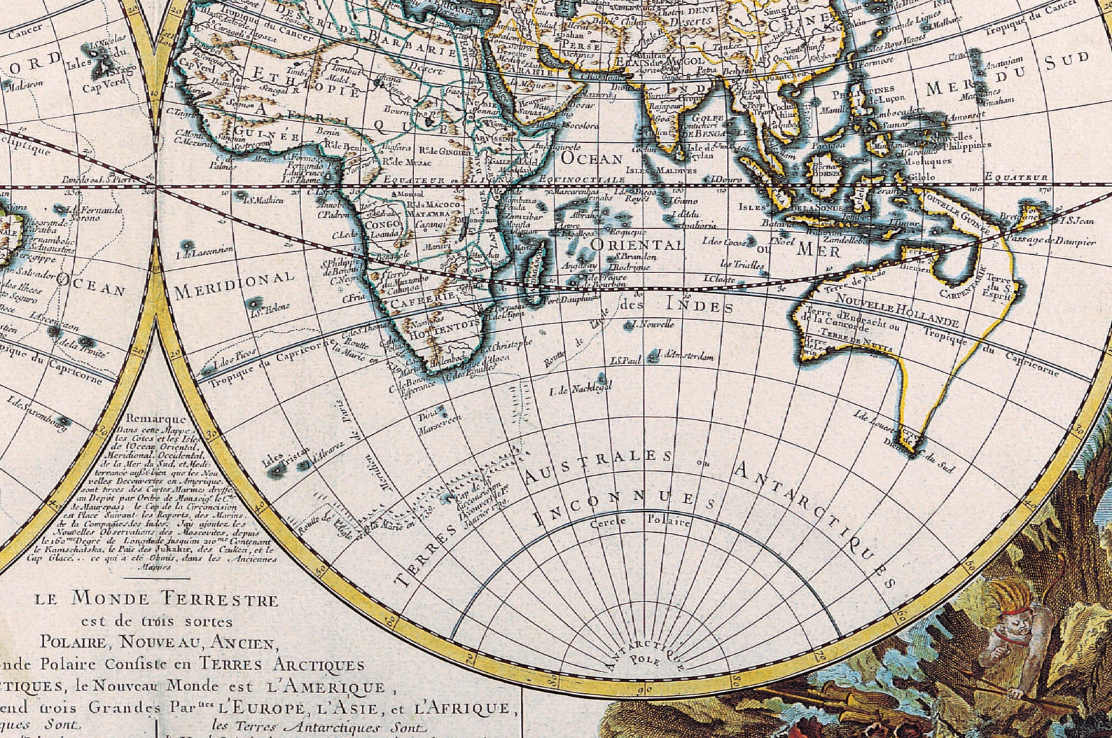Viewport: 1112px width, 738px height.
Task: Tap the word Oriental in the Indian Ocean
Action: coord(637,245)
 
